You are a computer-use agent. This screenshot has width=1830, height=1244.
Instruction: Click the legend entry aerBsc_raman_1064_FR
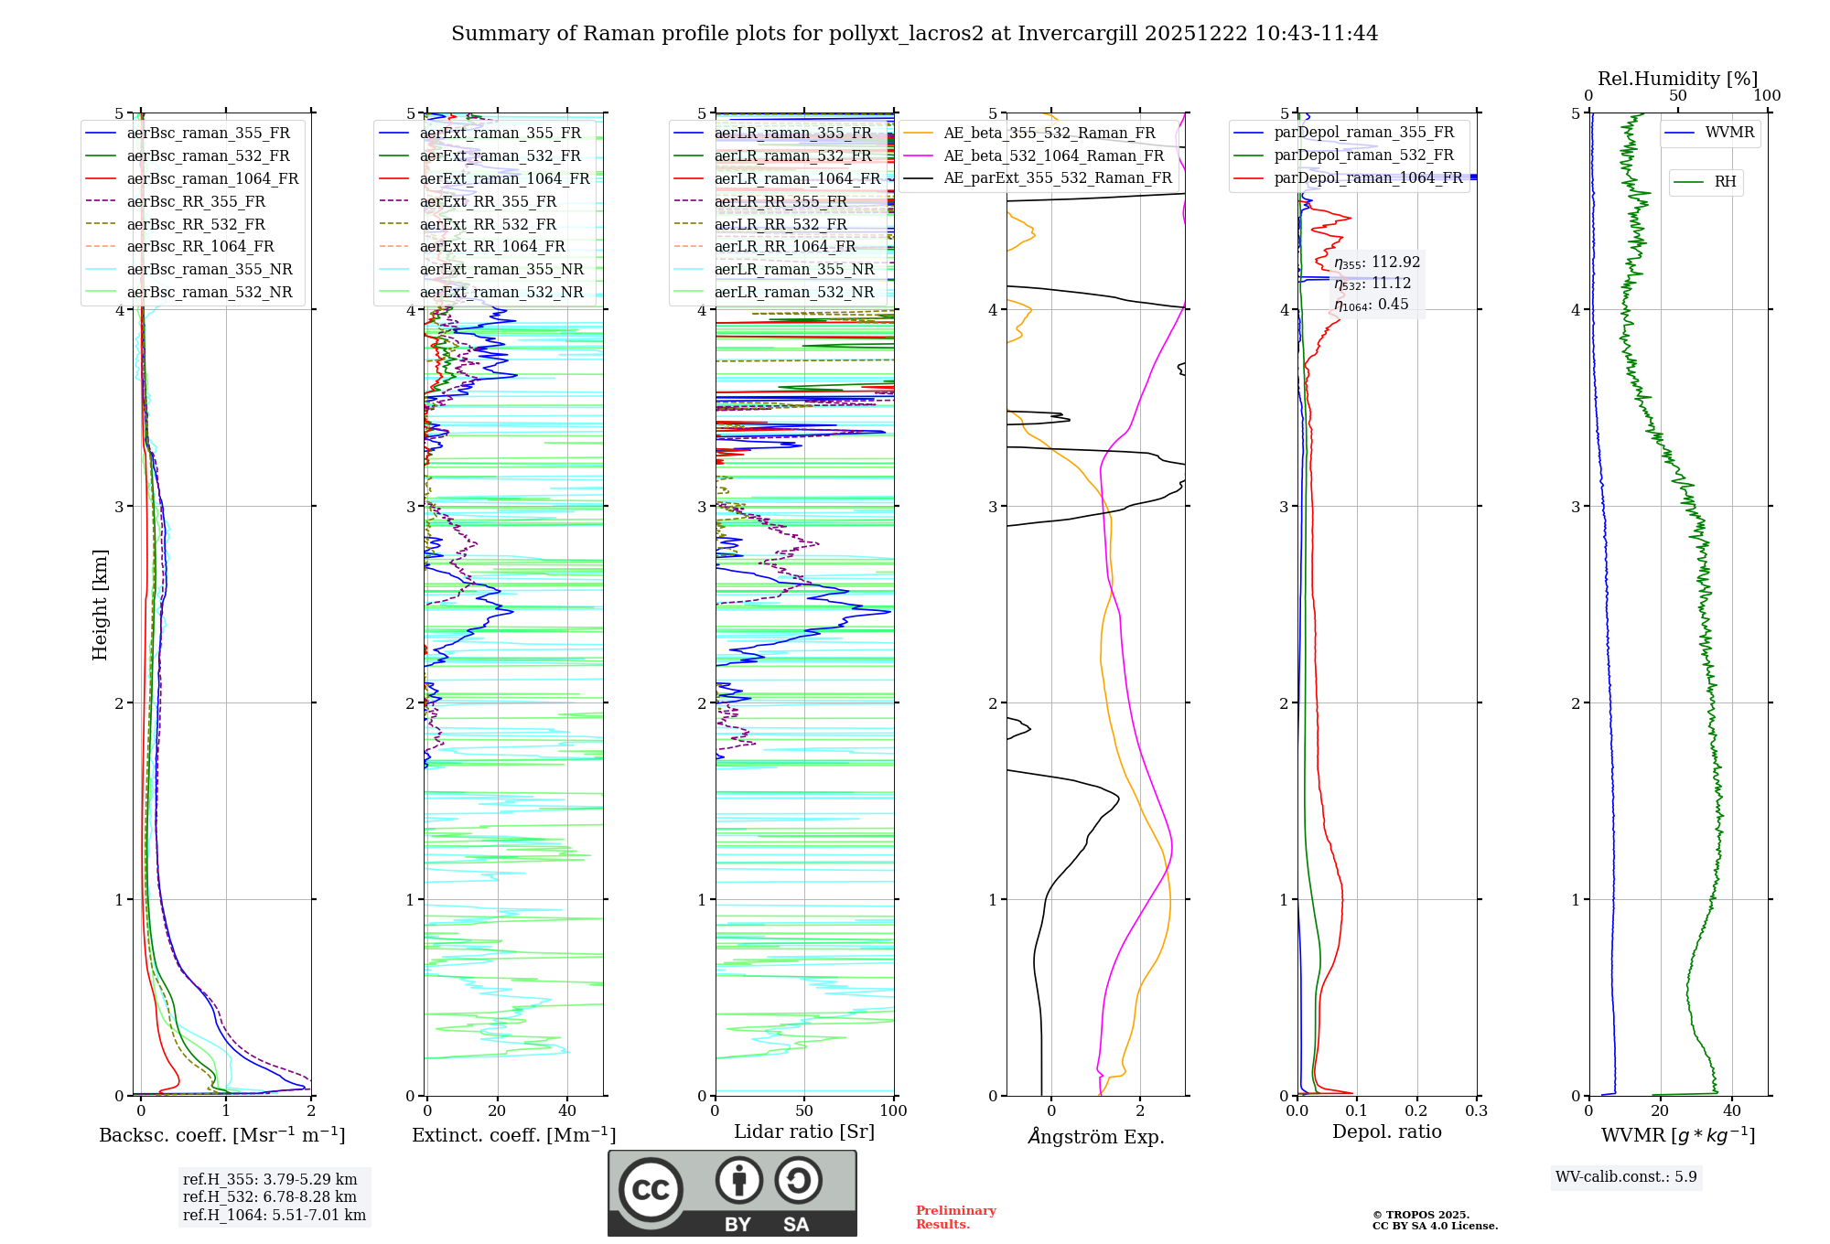click(212, 179)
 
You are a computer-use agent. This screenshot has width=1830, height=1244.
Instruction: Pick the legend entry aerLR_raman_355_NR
click(793, 270)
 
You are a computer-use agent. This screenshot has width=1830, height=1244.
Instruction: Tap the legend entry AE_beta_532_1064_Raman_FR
click(1053, 156)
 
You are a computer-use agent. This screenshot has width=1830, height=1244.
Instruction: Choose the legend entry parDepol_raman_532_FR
click(1363, 155)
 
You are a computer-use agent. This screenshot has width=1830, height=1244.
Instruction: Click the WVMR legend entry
click(1729, 133)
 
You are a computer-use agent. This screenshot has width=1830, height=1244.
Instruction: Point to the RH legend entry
click(1725, 182)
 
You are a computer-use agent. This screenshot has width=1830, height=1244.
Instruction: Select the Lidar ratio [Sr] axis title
click(803, 1131)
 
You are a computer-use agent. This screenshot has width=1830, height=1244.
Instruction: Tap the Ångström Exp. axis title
click(1095, 1136)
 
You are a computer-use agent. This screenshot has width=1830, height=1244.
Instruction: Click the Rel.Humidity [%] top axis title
click(1677, 79)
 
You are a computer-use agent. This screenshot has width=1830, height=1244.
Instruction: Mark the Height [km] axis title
click(100, 605)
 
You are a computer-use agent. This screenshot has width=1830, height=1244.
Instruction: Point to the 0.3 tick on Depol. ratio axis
click(1476, 1111)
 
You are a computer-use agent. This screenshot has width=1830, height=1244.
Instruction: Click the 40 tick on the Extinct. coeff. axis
click(567, 1111)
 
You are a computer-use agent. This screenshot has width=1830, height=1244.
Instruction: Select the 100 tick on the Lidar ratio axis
click(893, 1111)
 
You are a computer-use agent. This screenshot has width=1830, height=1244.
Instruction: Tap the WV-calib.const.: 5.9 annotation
click(1626, 1177)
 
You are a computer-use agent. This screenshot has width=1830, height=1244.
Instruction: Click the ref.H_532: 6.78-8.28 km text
click(270, 1197)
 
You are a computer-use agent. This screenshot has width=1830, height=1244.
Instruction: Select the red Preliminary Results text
click(955, 1217)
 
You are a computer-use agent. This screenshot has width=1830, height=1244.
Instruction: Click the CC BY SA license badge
click(732, 1194)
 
